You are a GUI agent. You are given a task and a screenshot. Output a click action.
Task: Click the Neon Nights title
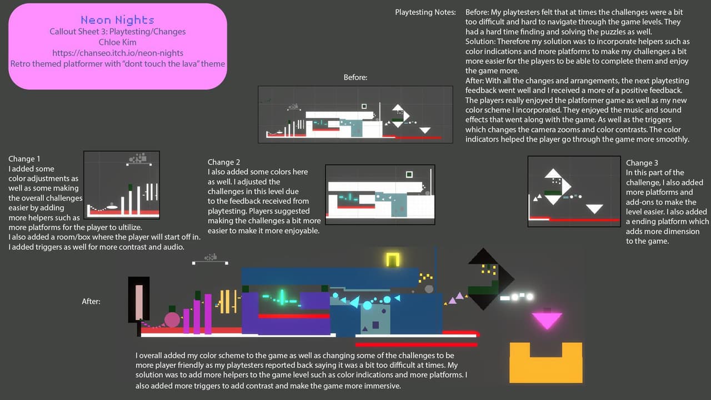117,20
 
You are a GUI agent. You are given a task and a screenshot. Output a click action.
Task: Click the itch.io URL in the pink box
118,53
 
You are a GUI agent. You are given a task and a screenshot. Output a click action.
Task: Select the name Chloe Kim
117,42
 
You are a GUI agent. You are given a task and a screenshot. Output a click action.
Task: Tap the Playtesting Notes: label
425,12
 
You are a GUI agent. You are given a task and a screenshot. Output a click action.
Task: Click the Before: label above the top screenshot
355,77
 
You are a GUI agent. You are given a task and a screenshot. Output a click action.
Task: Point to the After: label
91,301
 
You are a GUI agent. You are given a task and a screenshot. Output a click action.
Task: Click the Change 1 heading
24,159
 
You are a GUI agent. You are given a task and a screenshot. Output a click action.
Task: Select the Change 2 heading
224,162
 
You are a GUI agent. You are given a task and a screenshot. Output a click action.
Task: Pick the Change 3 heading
642,163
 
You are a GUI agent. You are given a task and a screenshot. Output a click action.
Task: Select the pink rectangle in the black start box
139,302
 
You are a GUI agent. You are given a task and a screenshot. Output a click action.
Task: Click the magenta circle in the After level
172,319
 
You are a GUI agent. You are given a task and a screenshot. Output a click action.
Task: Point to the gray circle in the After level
429,289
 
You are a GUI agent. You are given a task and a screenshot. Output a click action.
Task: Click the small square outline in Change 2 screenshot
409,174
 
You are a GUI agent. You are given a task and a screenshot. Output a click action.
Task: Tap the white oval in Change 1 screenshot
112,207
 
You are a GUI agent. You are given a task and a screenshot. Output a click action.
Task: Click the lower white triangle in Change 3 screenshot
594,208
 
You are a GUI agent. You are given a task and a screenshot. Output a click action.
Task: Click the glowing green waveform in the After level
282,298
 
